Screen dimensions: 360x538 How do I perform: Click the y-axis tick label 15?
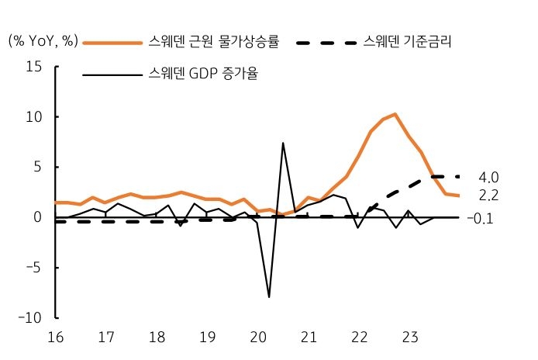tap(33, 67)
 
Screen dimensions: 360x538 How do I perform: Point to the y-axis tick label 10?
tap(33, 117)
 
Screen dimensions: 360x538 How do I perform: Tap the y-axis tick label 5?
tap(37, 168)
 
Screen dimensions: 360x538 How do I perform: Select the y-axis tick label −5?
tap(32, 268)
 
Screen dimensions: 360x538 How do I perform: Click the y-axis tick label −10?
tap(29, 318)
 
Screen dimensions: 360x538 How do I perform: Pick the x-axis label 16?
tap(56, 338)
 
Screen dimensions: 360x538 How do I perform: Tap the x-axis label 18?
tap(157, 338)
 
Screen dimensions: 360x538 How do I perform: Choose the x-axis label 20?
tap(258, 338)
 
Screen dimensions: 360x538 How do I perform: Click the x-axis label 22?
tap(359, 338)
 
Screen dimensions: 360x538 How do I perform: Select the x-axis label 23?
tap(410, 338)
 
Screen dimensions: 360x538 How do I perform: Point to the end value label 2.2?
tap(488, 196)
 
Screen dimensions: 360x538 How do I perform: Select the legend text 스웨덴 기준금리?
tap(407, 41)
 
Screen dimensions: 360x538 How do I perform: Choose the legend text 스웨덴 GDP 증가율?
tap(203, 75)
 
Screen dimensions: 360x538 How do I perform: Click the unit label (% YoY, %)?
tap(43, 41)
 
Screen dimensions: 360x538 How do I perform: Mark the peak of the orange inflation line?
tap(395, 114)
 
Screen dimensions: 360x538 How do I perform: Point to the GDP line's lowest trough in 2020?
tap(270, 297)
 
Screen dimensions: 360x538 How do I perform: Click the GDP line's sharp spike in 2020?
tap(283, 143)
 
